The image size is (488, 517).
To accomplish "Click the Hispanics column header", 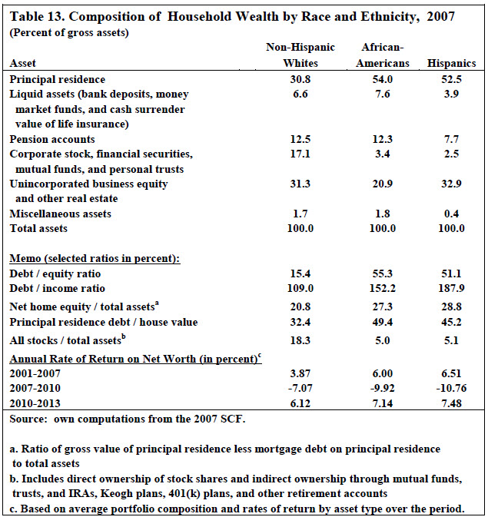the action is tap(451, 63).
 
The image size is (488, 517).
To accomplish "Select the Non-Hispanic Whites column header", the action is tap(300, 55).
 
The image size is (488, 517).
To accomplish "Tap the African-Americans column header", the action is tap(383, 55).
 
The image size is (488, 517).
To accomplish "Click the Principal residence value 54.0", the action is tap(383, 79).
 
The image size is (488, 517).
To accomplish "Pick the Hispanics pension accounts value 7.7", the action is tap(451, 139).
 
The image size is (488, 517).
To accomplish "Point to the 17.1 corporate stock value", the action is tap(300, 154).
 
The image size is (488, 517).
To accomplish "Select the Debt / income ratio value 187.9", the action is tap(451, 288).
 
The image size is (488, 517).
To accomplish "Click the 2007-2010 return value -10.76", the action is tap(451, 388).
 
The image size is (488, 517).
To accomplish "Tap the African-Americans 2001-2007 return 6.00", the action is tap(383, 373).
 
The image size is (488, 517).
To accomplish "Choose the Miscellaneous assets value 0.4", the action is tap(451, 214).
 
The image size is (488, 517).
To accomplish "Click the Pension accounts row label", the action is tap(52, 139).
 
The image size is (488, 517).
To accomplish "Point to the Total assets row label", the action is tap(38, 228).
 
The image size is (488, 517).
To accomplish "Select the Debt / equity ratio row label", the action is tap(55, 273).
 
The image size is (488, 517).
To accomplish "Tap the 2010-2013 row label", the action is tap(35, 403).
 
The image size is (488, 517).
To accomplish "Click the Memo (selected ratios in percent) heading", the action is tap(95, 258).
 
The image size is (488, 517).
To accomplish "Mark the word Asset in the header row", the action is tap(22, 63).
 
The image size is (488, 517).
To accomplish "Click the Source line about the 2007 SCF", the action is tap(128, 419).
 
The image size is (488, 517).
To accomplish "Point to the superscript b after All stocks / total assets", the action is tap(124, 336).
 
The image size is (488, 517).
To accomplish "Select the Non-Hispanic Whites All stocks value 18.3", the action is tap(300, 340).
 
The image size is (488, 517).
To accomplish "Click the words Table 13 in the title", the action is tap(37, 16).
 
